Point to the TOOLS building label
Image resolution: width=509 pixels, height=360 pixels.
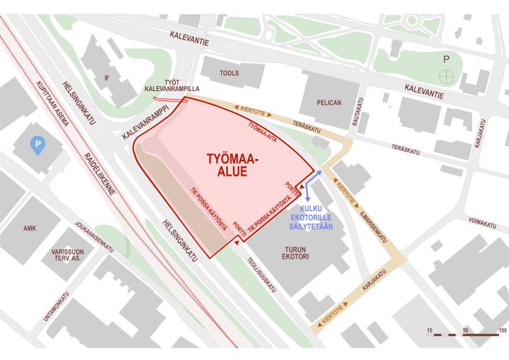pos(229,73)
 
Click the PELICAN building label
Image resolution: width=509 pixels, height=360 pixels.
pos(329,103)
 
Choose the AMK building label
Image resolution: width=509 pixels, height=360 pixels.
pos(30,228)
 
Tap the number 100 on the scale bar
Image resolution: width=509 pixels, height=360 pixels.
pos(501,330)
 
